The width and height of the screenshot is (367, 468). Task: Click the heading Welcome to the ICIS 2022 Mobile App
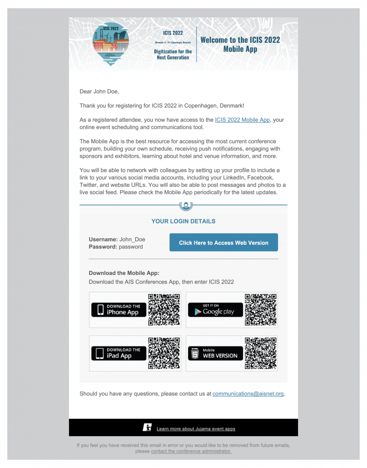(x=240, y=44)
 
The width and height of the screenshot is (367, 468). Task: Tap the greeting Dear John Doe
(x=99, y=91)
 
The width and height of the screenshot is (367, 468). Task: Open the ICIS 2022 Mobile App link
(x=243, y=120)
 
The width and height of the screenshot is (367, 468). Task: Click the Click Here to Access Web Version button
(x=223, y=243)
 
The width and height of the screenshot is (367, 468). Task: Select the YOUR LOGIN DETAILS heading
(x=183, y=221)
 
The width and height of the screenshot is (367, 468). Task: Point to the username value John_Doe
(x=132, y=239)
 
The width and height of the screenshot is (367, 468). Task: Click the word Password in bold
(x=103, y=247)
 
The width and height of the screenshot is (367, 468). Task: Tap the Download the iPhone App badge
(x=119, y=309)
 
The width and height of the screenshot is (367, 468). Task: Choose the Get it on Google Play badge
(x=215, y=309)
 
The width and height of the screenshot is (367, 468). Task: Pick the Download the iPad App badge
(x=119, y=353)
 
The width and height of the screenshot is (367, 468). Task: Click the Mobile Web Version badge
(x=215, y=353)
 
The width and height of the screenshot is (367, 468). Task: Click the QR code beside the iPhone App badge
(x=164, y=309)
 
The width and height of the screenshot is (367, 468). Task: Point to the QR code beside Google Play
(x=261, y=309)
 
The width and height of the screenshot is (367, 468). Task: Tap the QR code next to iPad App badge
(x=164, y=353)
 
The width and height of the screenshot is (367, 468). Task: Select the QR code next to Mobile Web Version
(x=261, y=353)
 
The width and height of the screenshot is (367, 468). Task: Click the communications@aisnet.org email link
(x=248, y=393)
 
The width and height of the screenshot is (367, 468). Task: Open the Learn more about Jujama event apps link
(x=196, y=428)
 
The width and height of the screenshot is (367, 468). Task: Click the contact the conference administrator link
(x=191, y=451)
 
